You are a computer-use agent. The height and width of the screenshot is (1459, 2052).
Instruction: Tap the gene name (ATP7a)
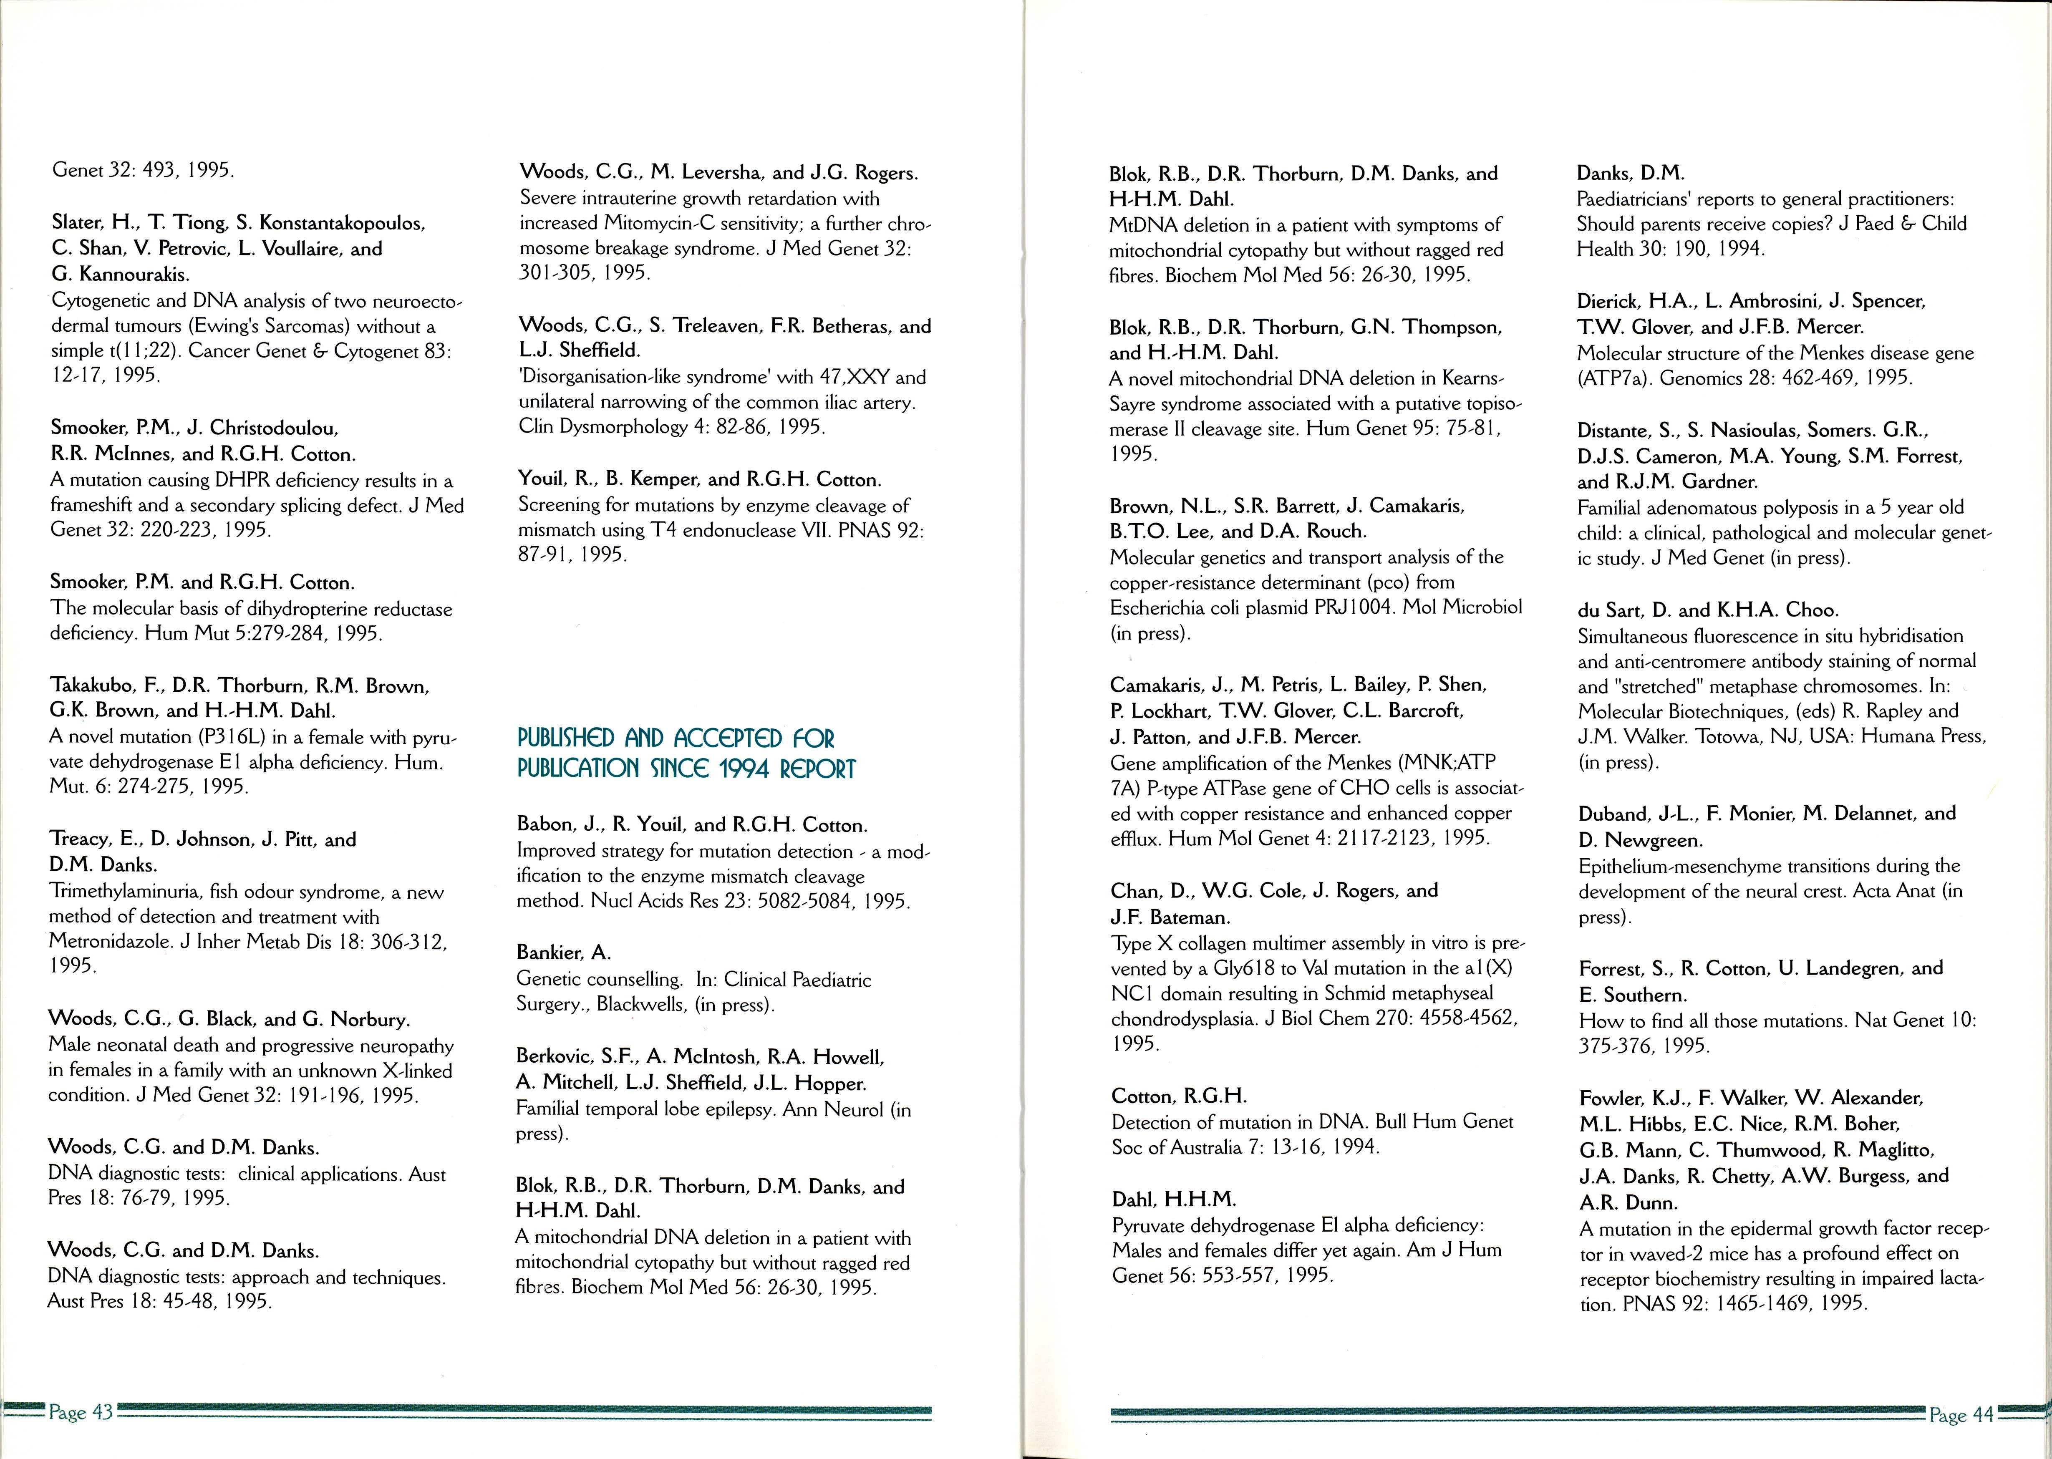[x=1613, y=378]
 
